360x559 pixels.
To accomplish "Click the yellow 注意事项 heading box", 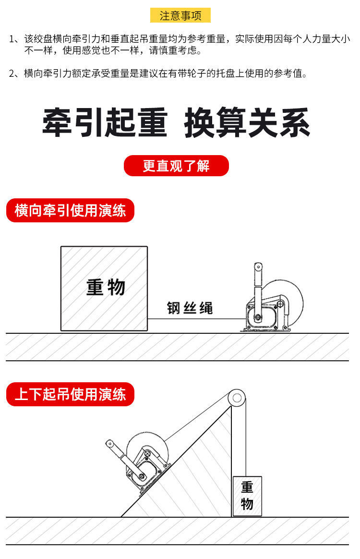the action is [180, 15].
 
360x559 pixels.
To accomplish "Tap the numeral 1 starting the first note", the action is [13, 39].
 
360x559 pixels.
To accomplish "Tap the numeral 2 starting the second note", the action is [13, 73].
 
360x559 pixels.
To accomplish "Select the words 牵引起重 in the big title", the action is [105, 123].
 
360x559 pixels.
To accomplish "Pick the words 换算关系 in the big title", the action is [247, 123].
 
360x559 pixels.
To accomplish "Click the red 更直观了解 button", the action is [176, 166].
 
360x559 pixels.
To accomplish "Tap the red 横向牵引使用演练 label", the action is [70, 211].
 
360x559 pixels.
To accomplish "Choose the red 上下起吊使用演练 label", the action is [70, 395].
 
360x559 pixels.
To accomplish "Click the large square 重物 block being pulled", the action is [104, 288].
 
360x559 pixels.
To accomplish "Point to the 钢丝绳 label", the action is [190, 308].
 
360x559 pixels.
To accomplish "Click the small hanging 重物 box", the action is [247, 496].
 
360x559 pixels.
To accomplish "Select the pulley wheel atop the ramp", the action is [237, 397].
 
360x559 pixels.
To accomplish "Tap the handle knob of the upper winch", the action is [258, 266].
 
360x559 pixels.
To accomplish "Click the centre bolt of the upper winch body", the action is [258, 317].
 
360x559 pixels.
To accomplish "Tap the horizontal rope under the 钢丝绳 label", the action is [192, 319].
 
